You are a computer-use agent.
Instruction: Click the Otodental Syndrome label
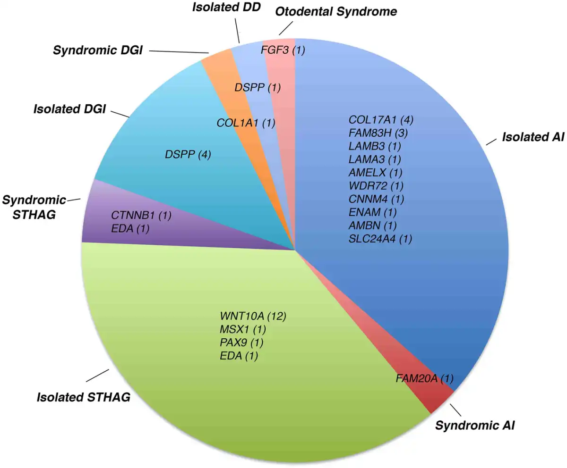click(336, 12)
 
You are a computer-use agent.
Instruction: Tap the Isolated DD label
click(226, 8)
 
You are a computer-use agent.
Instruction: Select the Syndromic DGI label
click(98, 50)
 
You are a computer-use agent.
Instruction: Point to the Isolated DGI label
click(69, 109)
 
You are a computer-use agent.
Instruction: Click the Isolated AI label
click(533, 137)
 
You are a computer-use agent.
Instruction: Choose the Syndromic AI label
click(475, 426)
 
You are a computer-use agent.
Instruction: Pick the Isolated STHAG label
click(84, 397)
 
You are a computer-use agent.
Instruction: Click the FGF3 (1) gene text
click(283, 50)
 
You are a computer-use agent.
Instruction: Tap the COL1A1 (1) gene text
click(246, 123)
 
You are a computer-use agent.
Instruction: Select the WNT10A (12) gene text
click(253, 316)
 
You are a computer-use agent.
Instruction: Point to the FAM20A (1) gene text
click(425, 378)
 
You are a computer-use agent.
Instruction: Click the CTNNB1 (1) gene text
click(141, 216)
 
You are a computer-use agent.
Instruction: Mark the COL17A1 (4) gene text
click(381, 120)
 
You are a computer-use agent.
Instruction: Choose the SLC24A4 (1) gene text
click(380, 239)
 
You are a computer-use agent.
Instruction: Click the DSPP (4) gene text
click(188, 155)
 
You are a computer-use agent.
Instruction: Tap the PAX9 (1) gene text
click(241, 343)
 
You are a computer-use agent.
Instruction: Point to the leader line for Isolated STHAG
click(97, 376)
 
